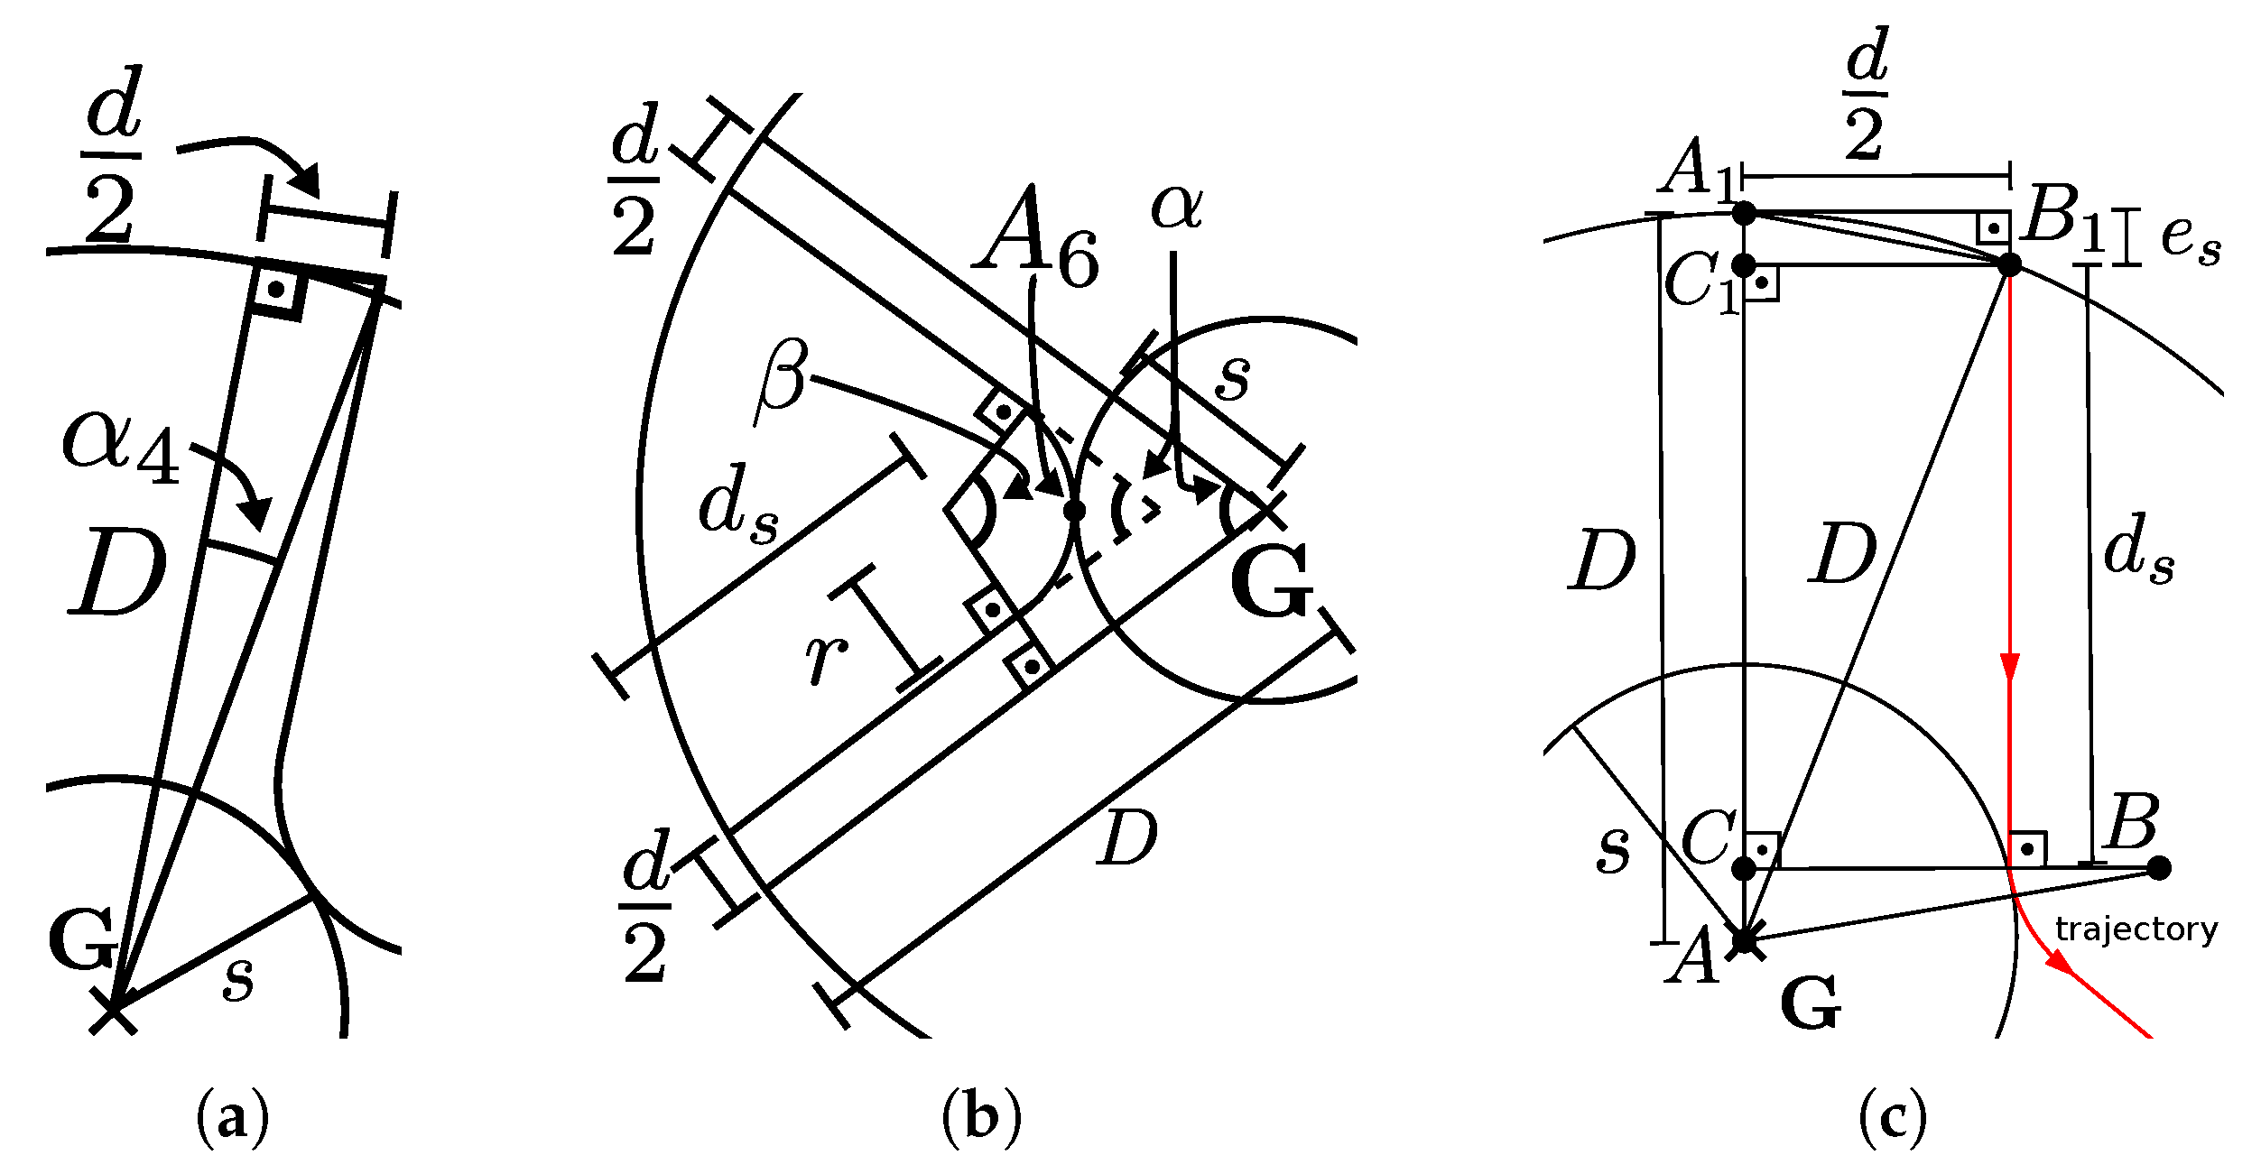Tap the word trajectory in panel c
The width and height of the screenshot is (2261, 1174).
click(x=2136, y=929)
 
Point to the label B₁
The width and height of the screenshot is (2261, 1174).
click(x=2063, y=218)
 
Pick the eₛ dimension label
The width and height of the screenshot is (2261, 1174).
click(x=2191, y=240)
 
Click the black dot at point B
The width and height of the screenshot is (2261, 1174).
click(x=2158, y=868)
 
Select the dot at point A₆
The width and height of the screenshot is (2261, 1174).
click(x=1074, y=511)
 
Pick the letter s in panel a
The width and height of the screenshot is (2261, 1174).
click(x=238, y=977)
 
